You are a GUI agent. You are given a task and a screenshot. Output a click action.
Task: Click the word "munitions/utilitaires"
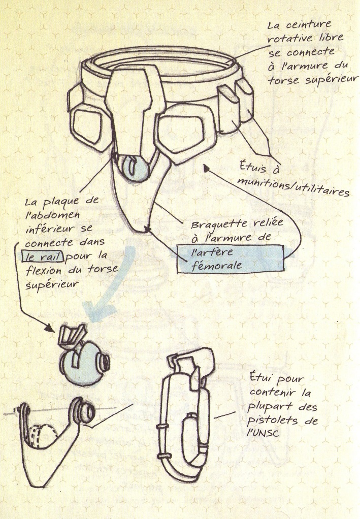click(293, 187)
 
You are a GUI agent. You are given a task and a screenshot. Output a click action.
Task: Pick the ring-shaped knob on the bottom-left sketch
click(83, 410)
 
